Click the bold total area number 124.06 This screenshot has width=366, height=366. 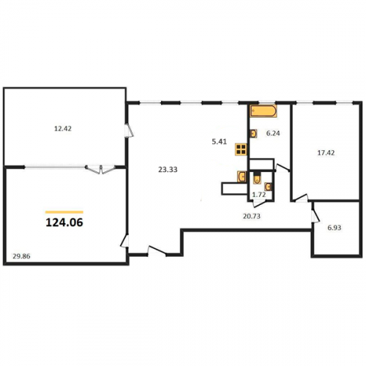click(64, 223)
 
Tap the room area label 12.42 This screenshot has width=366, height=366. click(63, 129)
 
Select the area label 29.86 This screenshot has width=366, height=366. click(21, 256)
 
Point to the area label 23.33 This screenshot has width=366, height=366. click(168, 169)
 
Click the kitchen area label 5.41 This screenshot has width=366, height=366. click(220, 141)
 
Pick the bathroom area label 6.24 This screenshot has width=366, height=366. click(273, 133)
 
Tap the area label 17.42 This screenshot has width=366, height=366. click(326, 153)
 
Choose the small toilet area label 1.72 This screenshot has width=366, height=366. click(259, 195)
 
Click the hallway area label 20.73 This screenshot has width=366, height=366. click(252, 216)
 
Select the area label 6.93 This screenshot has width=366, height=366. click(335, 228)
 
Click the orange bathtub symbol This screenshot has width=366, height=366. click(264, 111)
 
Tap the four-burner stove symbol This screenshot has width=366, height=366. click(241, 149)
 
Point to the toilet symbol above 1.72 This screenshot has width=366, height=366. click(256, 178)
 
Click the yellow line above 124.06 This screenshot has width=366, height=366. click(64, 212)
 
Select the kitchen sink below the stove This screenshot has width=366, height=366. click(242, 176)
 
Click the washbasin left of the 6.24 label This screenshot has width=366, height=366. click(253, 133)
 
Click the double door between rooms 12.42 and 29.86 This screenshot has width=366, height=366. click(101, 169)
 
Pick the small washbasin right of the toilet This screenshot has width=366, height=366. click(268, 187)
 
